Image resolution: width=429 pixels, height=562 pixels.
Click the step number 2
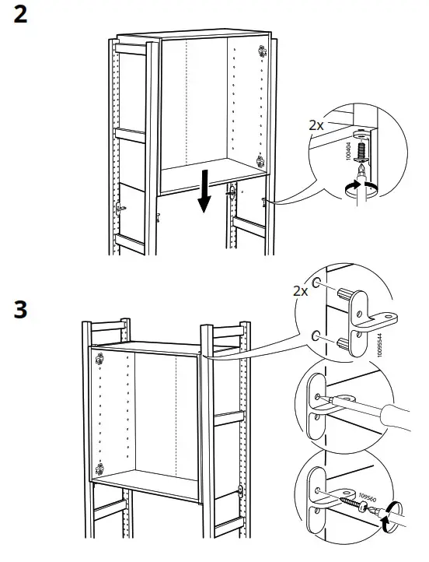(20, 15)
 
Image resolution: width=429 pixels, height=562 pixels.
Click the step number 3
(21, 308)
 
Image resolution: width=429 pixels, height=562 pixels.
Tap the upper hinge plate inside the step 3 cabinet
(99, 360)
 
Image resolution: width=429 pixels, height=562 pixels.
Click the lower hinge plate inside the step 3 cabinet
(99, 469)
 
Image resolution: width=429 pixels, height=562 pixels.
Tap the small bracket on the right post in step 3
(240, 491)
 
